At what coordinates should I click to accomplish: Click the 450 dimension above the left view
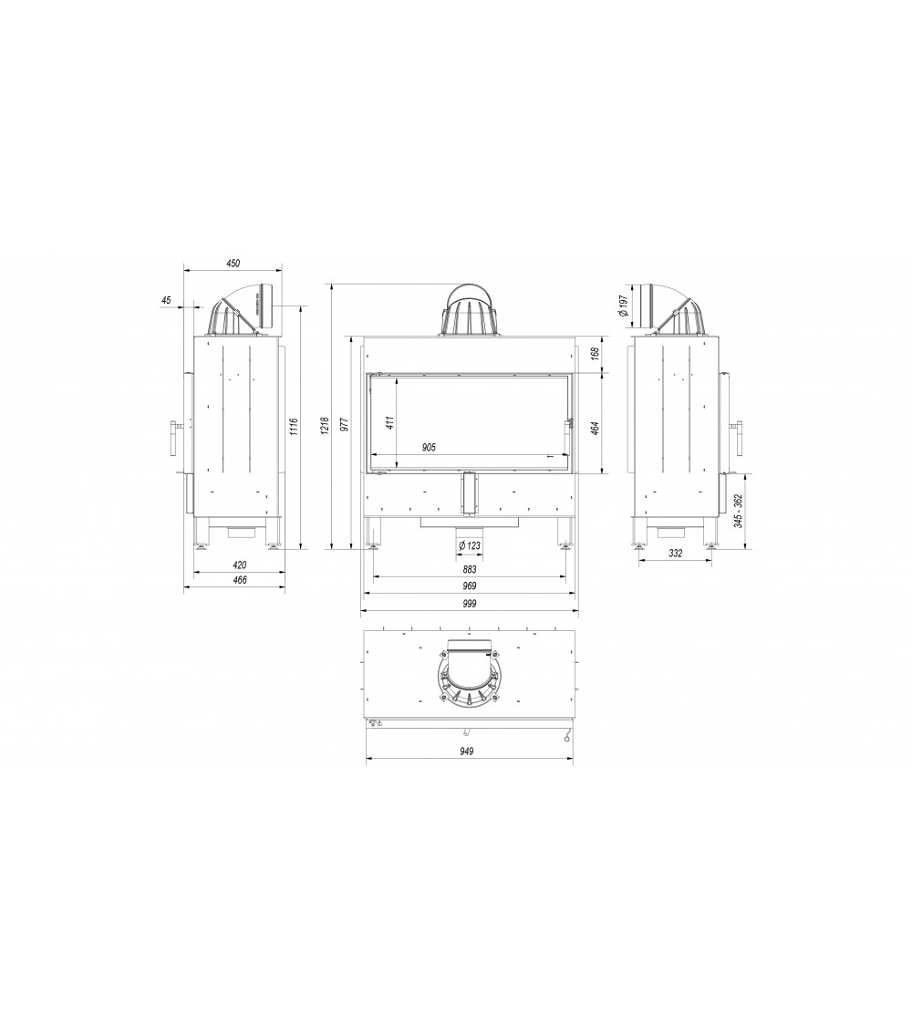(x=233, y=264)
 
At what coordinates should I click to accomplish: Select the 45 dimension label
(x=165, y=299)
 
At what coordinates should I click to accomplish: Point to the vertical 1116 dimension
(x=293, y=427)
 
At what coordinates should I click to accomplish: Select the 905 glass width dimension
(x=430, y=448)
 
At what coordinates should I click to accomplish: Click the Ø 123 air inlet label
(x=470, y=544)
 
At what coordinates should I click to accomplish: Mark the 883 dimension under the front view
(x=470, y=569)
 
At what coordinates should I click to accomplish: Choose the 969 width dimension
(x=470, y=586)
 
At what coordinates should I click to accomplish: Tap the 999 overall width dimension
(x=470, y=604)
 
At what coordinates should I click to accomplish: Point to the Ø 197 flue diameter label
(x=622, y=306)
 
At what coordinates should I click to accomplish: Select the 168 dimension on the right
(x=594, y=352)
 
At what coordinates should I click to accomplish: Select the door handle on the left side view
(x=173, y=436)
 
